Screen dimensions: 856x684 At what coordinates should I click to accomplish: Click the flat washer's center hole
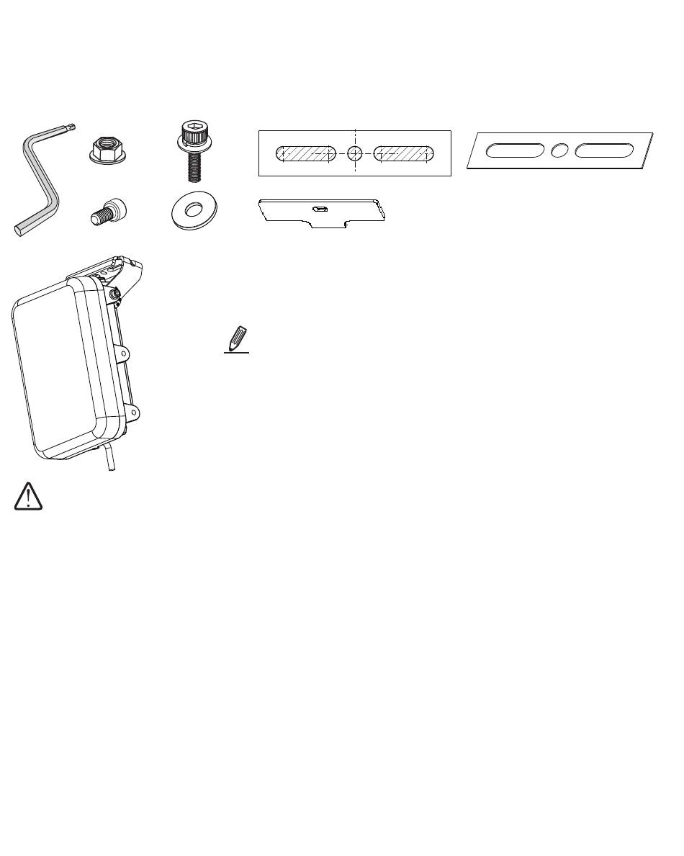(x=194, y=210)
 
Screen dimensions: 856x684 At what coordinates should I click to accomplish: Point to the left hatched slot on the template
(x=306, y=153)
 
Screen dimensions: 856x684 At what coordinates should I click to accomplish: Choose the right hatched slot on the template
(x=404, y=153)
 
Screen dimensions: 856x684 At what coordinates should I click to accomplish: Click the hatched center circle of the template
(x=355, y=153)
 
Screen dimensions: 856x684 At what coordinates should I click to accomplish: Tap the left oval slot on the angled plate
(x=515, y=150)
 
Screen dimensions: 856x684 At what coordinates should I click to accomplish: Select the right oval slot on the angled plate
(x=603, y=150)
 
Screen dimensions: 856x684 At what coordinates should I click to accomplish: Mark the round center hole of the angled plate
(x=559, y=150)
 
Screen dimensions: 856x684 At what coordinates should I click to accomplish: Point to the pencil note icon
(x=238, y=340)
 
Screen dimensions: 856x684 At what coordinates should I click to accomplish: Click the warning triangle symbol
(x=28, y=497)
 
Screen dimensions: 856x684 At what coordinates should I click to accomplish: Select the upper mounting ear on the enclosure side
(x=127, y=354)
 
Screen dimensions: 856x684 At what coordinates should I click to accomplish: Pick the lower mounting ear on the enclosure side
(x=132, y=412)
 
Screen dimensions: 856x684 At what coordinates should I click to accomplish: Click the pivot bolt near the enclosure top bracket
(x=114, y=294)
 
